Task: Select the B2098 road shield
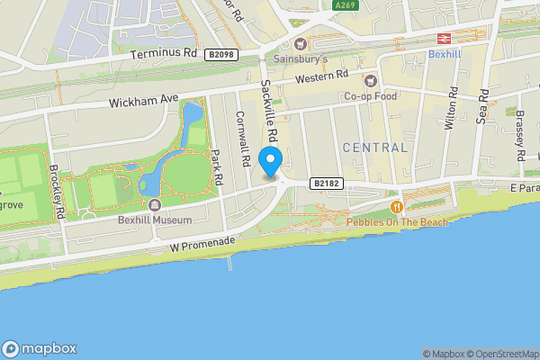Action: coord(220,54)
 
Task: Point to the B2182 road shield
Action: coord(326,184)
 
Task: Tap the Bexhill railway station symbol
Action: coord(443,38)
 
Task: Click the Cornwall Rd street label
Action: coord(241,139)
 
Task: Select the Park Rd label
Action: coord(216,166)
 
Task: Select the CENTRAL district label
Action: coord(374,147)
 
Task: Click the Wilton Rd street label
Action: coord(453,108)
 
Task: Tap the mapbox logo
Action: coord(40,349)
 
